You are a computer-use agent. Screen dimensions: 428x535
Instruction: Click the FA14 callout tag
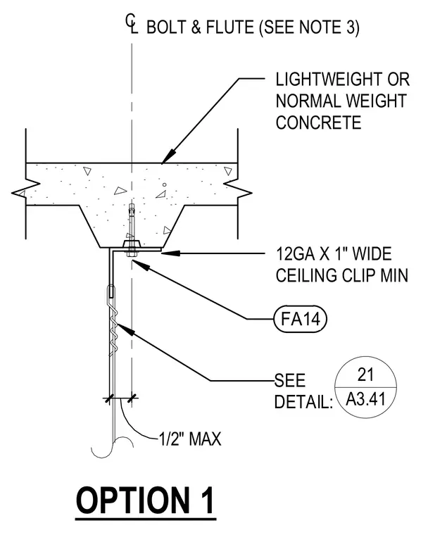[301, 319]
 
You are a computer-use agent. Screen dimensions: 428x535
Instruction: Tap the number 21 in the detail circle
[365, 374]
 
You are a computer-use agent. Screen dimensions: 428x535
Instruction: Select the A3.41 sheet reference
[365, 398]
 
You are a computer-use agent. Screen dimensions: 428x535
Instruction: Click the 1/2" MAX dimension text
[190, 439]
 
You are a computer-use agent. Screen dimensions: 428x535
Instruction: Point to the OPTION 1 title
[146, 501]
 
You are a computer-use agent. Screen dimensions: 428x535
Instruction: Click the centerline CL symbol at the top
[132, 24]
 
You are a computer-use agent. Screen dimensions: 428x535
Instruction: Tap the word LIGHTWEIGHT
[329, 79]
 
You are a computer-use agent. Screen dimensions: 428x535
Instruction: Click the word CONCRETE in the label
[318, 122]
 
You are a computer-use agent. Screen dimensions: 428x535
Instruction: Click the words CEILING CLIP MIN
[342, 275]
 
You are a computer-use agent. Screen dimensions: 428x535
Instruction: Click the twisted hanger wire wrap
[113, 327]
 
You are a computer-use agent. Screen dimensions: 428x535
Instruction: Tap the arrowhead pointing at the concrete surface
[168, 156]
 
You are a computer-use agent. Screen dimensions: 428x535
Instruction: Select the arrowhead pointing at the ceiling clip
[170, 253]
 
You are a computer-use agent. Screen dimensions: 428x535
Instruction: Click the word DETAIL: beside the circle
[303, 401]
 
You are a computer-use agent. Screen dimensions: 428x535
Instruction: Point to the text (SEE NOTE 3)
[309, 27]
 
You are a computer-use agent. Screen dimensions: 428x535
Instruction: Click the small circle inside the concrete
[165, 184]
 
